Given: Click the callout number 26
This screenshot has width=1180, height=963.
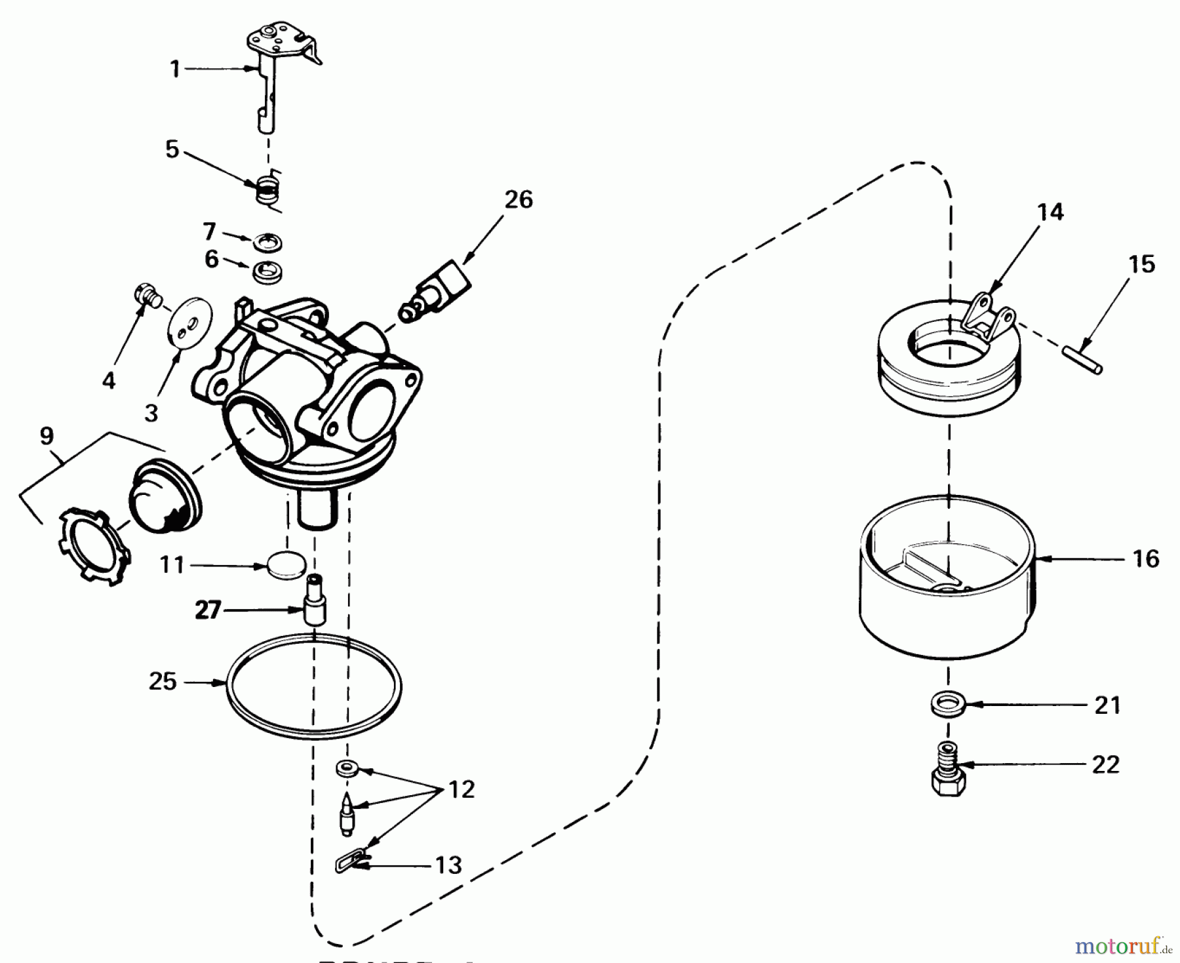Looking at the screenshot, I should click(518, 199).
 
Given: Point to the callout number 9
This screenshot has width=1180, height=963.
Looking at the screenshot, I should click(47, 436).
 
